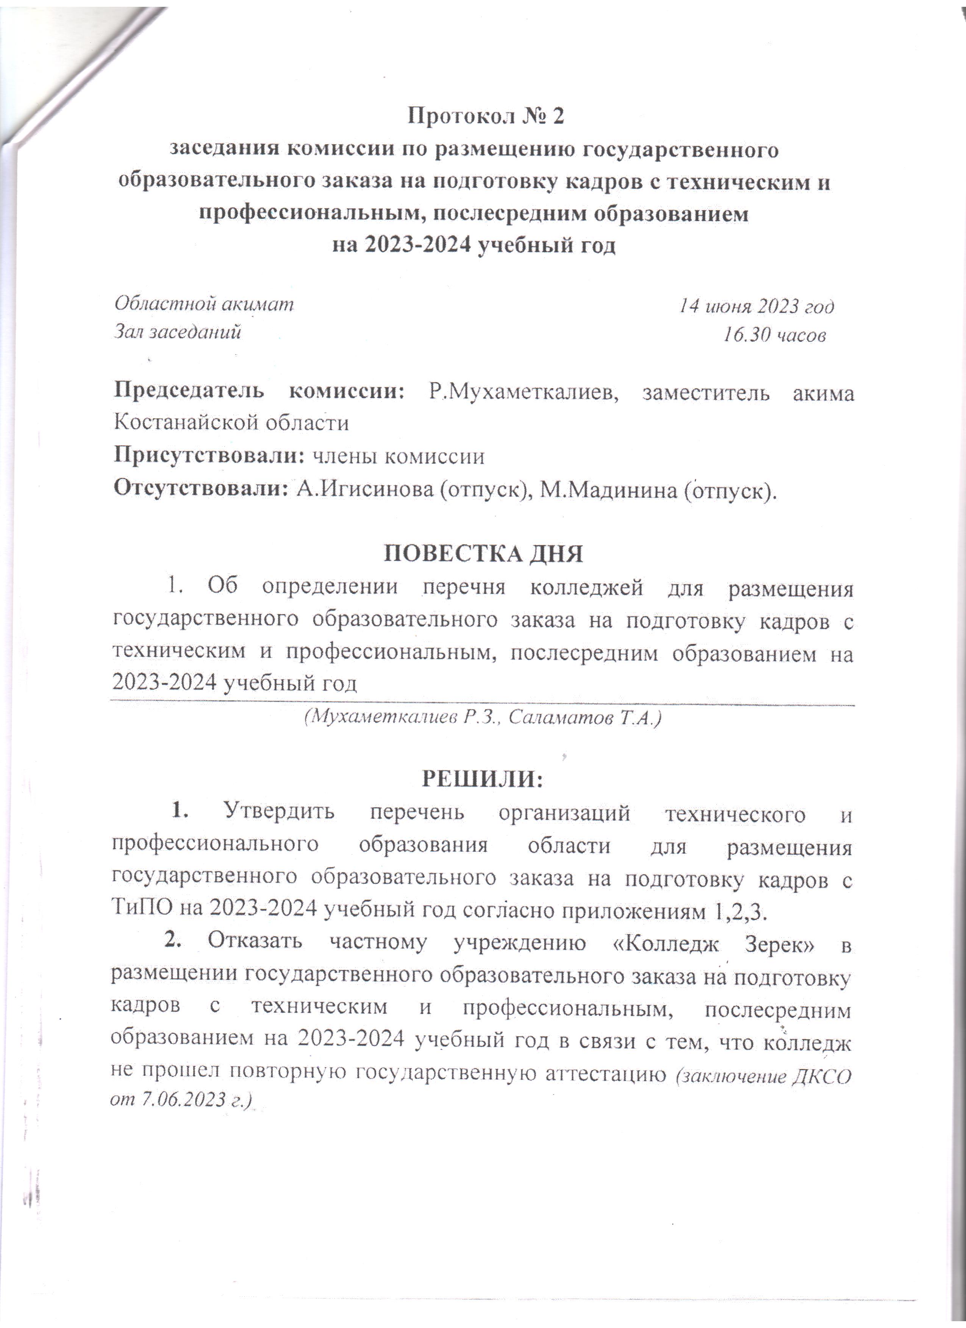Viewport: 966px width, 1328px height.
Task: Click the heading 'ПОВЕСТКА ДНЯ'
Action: [483, 553]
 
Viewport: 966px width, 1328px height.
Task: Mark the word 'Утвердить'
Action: [280, 813]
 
